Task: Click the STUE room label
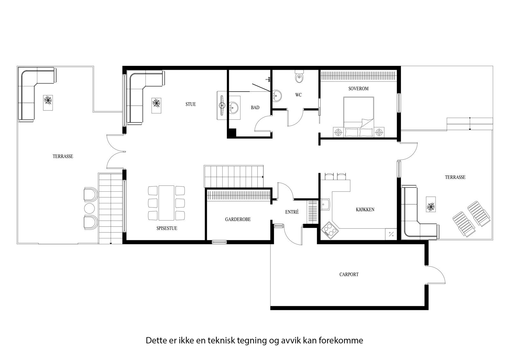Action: (191, 104)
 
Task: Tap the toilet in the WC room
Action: (299, 77)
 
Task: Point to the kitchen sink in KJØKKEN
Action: (325, 204)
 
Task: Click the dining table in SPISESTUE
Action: (166, 203)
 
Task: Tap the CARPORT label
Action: (349, 274)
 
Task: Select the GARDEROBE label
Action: (238, 219)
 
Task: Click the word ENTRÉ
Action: (292, 212)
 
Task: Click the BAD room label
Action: (255, 108)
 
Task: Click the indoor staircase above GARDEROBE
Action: (234, 176)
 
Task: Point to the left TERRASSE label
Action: (63, 156)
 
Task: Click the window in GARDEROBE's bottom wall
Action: (220, 242)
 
